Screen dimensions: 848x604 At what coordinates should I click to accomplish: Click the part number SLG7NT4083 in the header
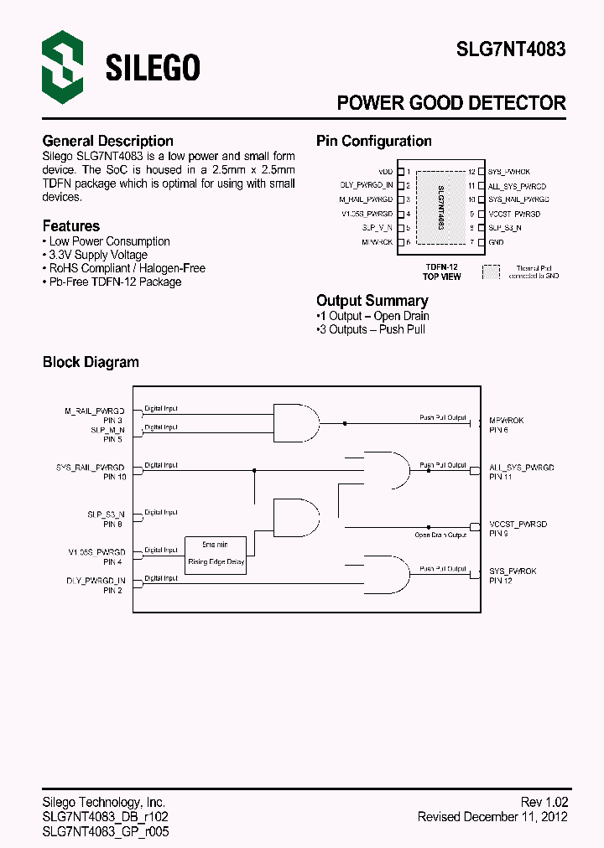pos(510,49)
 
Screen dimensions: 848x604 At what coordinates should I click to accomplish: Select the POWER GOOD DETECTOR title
pos(450,103)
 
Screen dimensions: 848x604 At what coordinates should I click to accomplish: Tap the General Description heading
pos(107,141)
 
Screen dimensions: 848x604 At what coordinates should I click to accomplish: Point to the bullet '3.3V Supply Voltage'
pos(97,255)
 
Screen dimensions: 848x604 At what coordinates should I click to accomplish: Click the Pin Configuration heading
pos(373,141)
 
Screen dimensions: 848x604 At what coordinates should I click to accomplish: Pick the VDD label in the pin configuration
pos(385,172)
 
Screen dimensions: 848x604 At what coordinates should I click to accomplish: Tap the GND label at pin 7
pos(496,242)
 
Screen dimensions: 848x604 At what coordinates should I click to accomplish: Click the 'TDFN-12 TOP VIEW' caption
pos(441,271)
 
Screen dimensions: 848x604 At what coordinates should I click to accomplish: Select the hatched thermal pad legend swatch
pos(490,271)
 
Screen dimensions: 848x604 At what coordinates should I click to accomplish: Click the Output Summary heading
pos(372,300)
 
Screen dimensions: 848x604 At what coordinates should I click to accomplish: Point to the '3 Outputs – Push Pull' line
pos(372,329)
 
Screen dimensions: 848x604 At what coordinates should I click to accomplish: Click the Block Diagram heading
pos(91,362)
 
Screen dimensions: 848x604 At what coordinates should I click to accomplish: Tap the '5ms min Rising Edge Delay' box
pos(216,553)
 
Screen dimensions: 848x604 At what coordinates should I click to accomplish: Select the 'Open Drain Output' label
pos(440,535)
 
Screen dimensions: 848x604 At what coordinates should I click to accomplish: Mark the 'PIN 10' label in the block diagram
pos(114,477)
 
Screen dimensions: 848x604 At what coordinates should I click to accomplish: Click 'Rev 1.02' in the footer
pos(544,802)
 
